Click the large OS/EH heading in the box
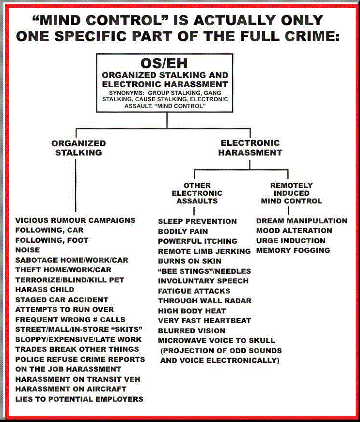pyautogui.click(x=164, y=63)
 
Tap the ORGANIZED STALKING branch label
pyautogui.click(x=78, y=148)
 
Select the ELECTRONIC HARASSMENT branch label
pyautogui.click(x=250, y=147)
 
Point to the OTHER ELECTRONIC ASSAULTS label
pyautogui.click(x=197, y=193)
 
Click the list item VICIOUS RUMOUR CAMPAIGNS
pyautogui.click(x=75, y=220)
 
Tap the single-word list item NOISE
pyautogui.click(x=27, y=250)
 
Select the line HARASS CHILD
pyautogui.click(x=45, y=290)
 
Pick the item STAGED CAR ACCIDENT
pyautogui.click(x=62, y=300)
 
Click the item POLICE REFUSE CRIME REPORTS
pyautogui.click(x=80, y=359)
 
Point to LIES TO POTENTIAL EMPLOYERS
pyautogui.click(x=79, y=399)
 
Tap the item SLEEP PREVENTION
pyautogui.click(x=197, y=221)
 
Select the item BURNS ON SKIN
pyautogui.click(x=189, y=261)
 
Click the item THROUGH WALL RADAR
pyautogui.click(x=204, y=301)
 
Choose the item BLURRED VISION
pyautogui.click(x=192, y=330)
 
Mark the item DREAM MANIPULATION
pyautogui.click(x=301, y=221)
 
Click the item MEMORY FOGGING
pyautogui.click(x=293, y=250)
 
